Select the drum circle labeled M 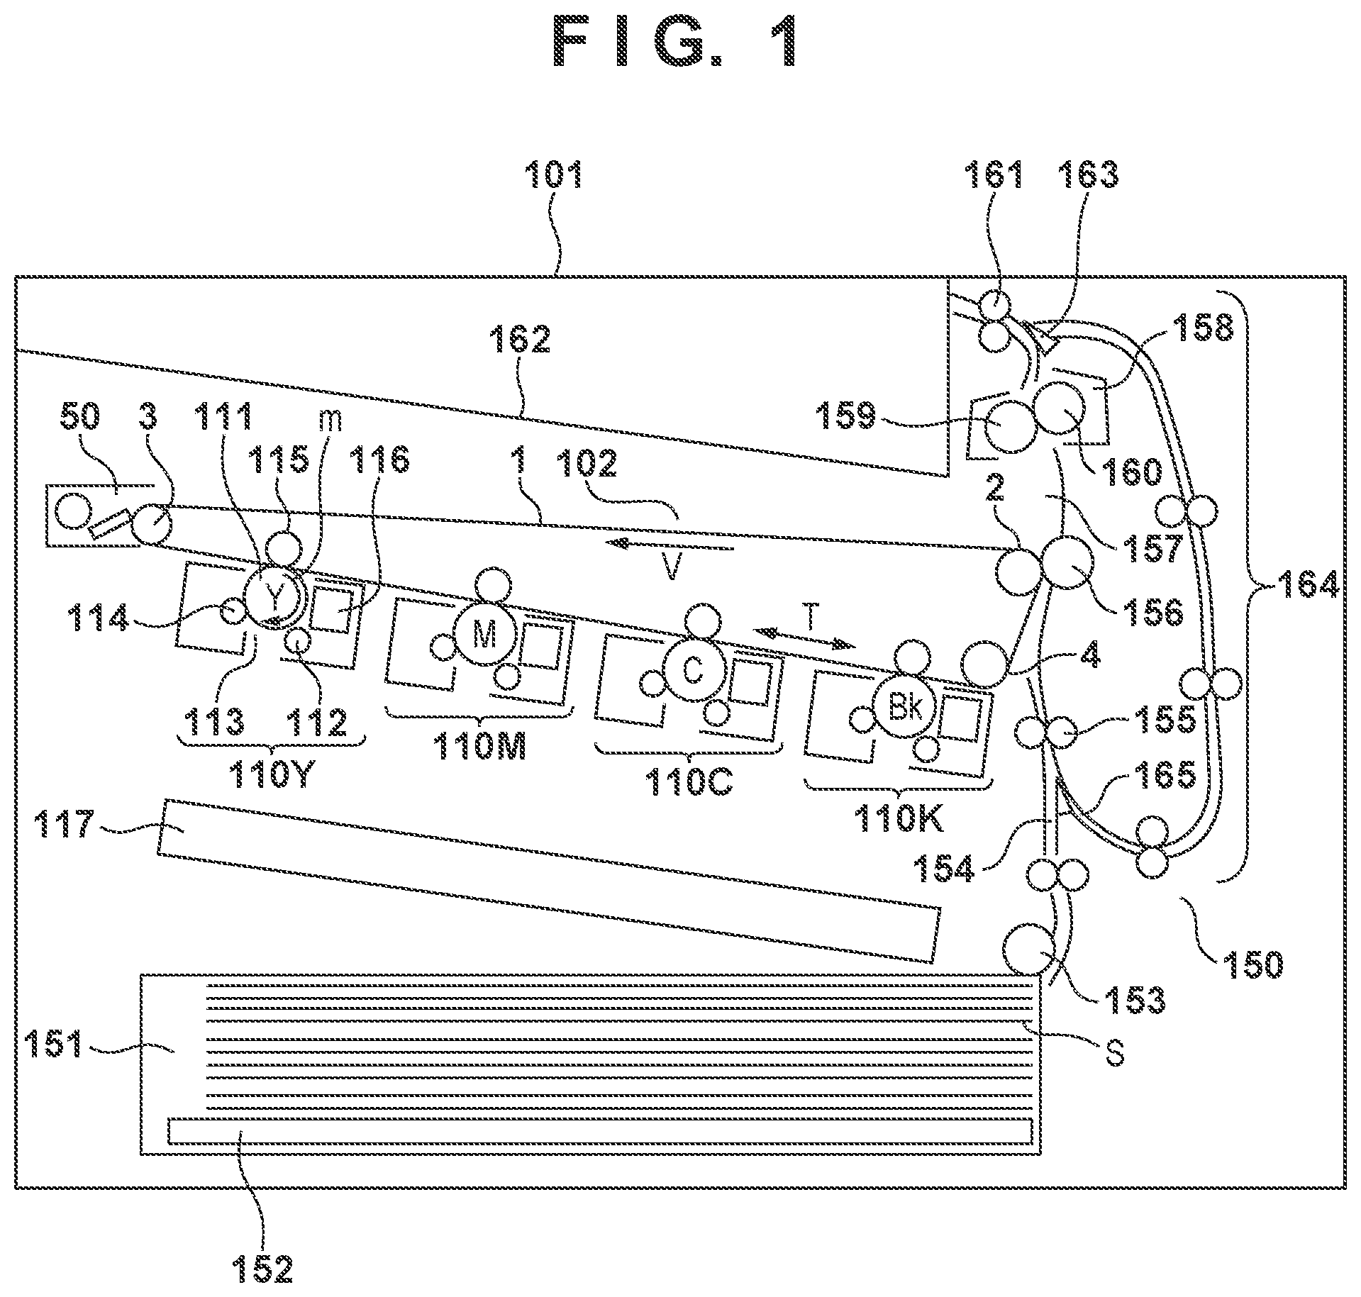point(484,633)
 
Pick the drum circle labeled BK point(904,706)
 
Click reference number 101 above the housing point(554,174)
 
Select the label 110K point(899,820)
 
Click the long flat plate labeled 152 point(600,1131)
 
